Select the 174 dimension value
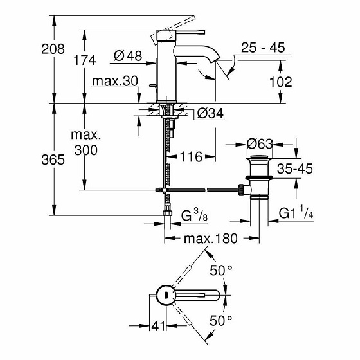click(x=84, y=60)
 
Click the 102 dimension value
click(x=280, y=82)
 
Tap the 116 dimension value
click(x=191, y=156)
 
